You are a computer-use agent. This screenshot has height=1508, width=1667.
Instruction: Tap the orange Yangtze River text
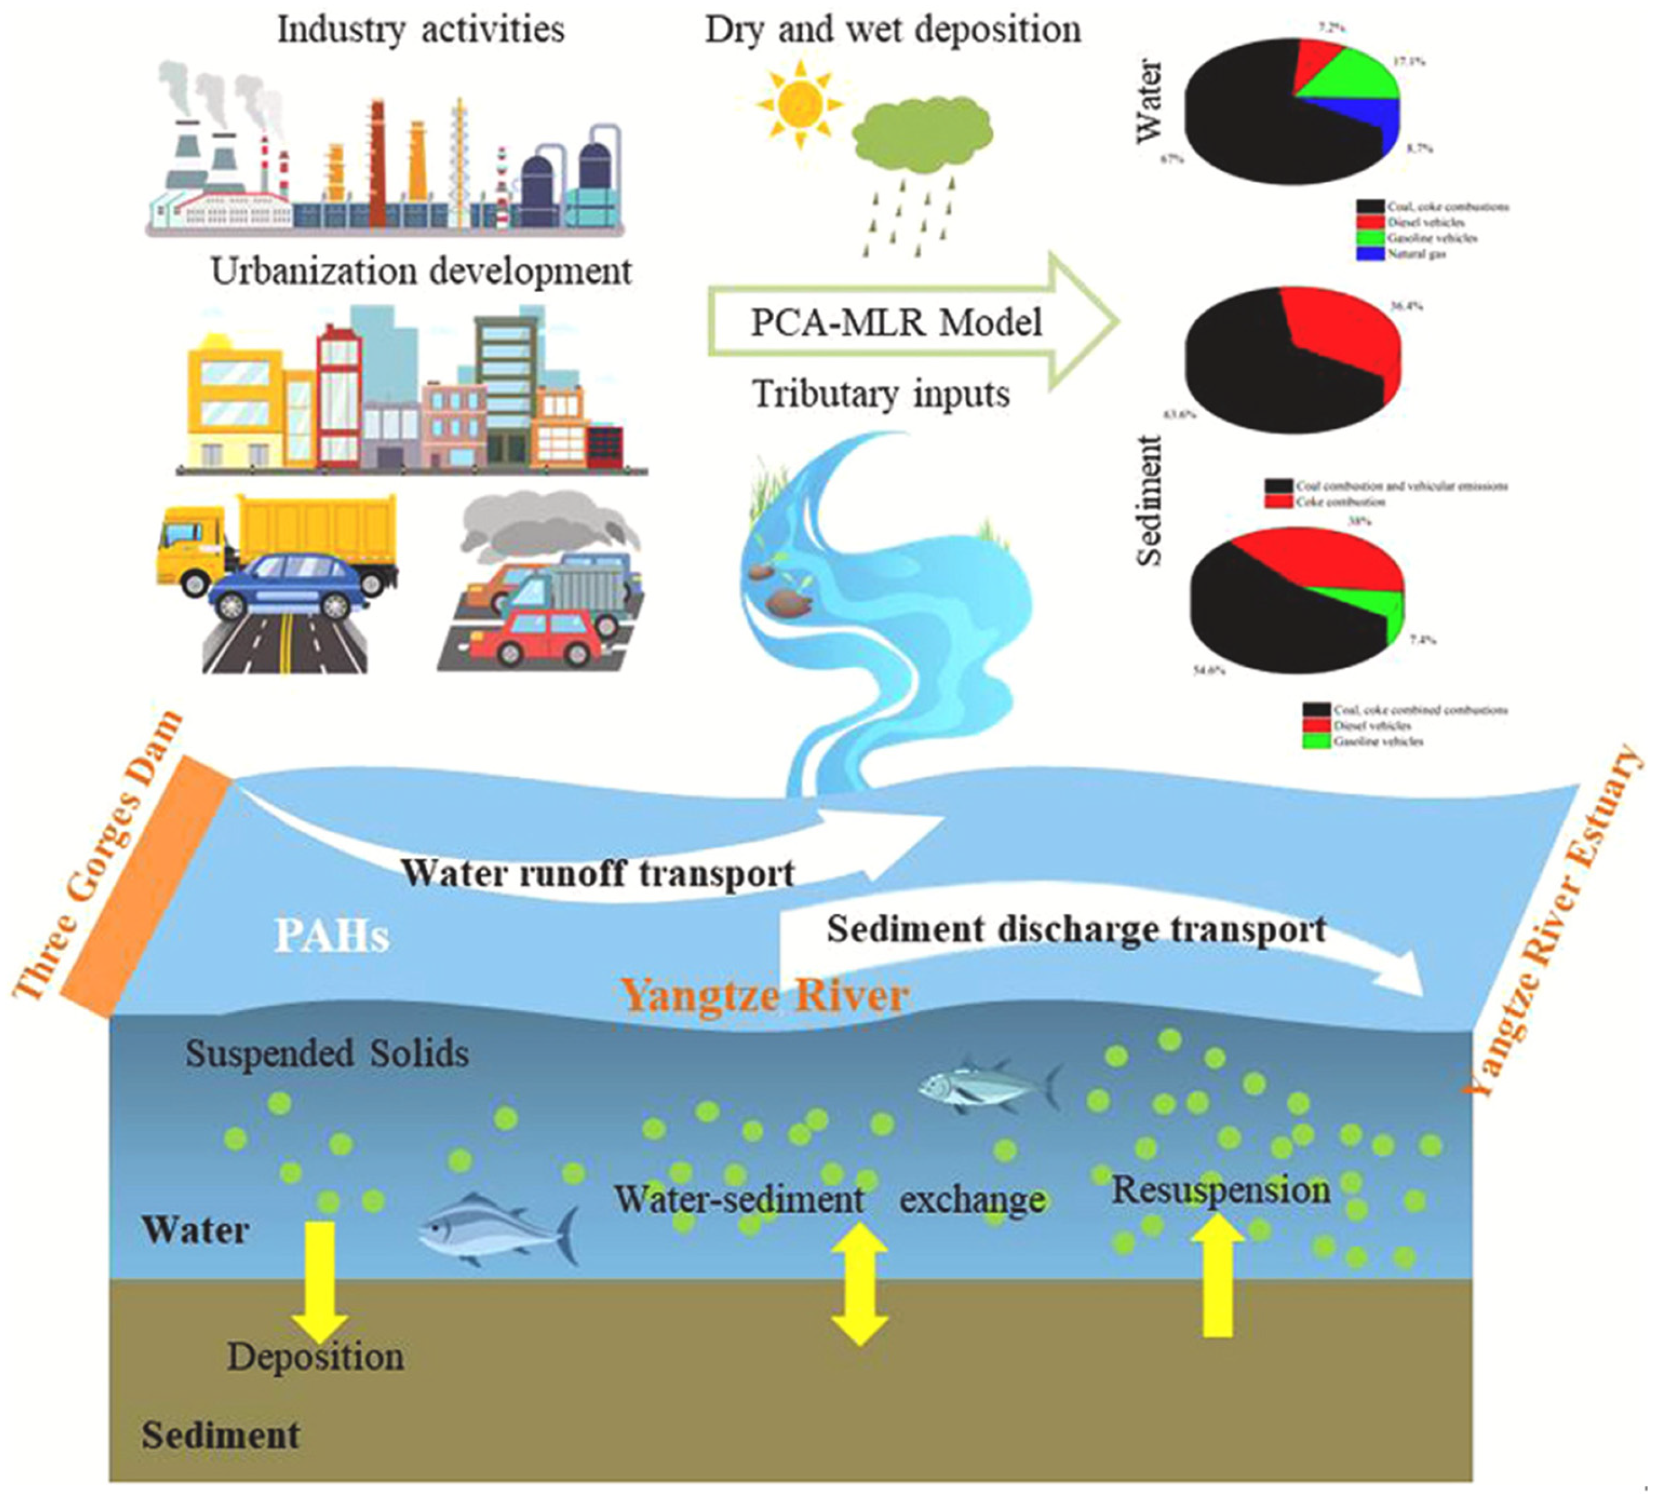click(x=765, y=994)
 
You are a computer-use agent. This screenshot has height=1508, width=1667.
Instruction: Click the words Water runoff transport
click(x=597, y=873)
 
